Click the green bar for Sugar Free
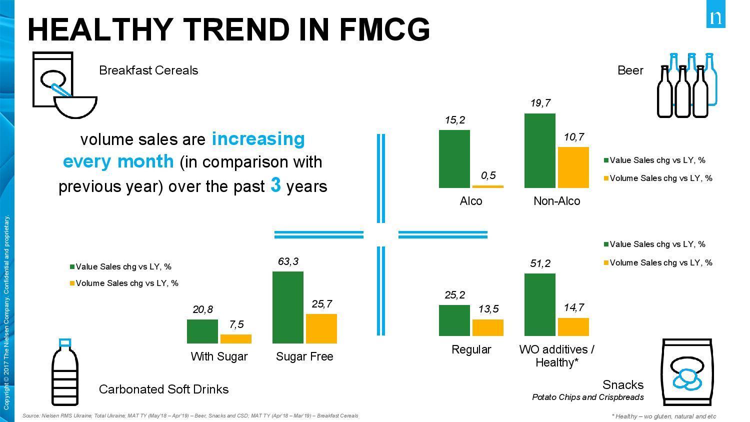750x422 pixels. [288, 307]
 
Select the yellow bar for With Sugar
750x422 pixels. [236, 339]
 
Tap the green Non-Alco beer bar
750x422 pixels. [540, 150]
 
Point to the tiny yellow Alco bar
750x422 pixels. [488, 186]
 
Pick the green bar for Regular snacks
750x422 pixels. [454, 320]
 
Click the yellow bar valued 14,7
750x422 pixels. [573, 326]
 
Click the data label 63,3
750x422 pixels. [288, 261]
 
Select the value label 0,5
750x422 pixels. [488, 175]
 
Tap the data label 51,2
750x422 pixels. [540, 263]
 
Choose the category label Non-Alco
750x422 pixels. [557, 201]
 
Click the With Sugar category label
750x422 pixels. [219, 356]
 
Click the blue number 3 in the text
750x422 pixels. [275, 185]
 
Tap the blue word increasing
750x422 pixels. [258, 138]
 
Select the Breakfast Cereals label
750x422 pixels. [148, 70]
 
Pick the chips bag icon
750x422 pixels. [686, 372]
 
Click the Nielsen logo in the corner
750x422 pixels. [715, 17]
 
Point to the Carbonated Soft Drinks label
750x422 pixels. [164, 389]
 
